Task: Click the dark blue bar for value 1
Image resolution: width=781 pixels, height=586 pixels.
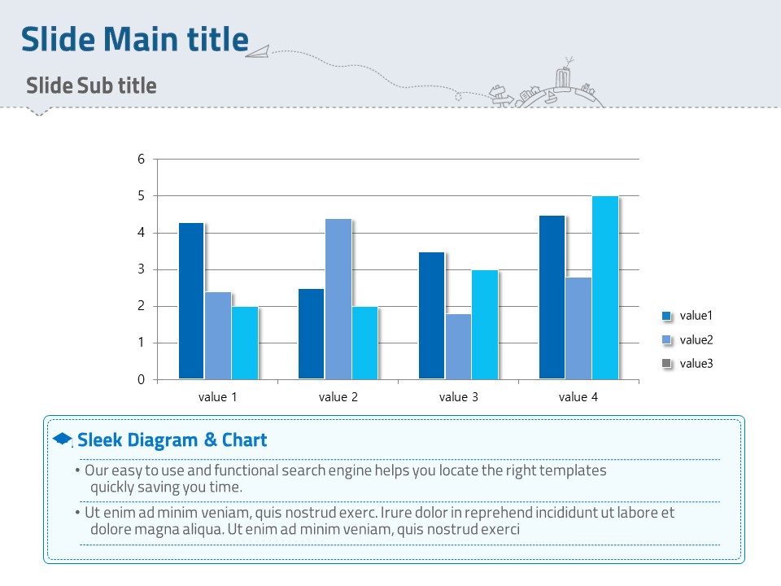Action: click(x=191, y=300)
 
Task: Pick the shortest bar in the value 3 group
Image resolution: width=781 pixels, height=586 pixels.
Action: click(x=458, y=346)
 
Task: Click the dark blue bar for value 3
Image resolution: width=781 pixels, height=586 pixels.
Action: click(x=431, y=315)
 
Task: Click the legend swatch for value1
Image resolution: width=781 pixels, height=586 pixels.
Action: click(x=667, y=316)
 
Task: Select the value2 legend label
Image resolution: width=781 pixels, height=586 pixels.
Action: click(x=696, y=339)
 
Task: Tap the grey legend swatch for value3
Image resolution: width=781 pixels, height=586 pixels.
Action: click(x=667, y=363)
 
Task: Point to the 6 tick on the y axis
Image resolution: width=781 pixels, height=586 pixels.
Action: click(x=141, y=160)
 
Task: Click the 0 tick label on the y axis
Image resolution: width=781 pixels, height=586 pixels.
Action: click(x=141, y=379)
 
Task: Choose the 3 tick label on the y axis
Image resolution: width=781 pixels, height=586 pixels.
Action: click(x=141, y=269)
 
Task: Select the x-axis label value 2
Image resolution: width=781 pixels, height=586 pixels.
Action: click(x=338, y=397)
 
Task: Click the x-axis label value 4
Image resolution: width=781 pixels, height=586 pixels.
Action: click(x=578, y=397)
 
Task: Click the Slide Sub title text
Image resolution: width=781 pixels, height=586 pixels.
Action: click(x=91, y=85)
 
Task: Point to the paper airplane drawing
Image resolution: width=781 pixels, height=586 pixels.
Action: click(x=257, y=53)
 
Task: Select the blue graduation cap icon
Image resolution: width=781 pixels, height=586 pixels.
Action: click(x=62, y=439)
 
